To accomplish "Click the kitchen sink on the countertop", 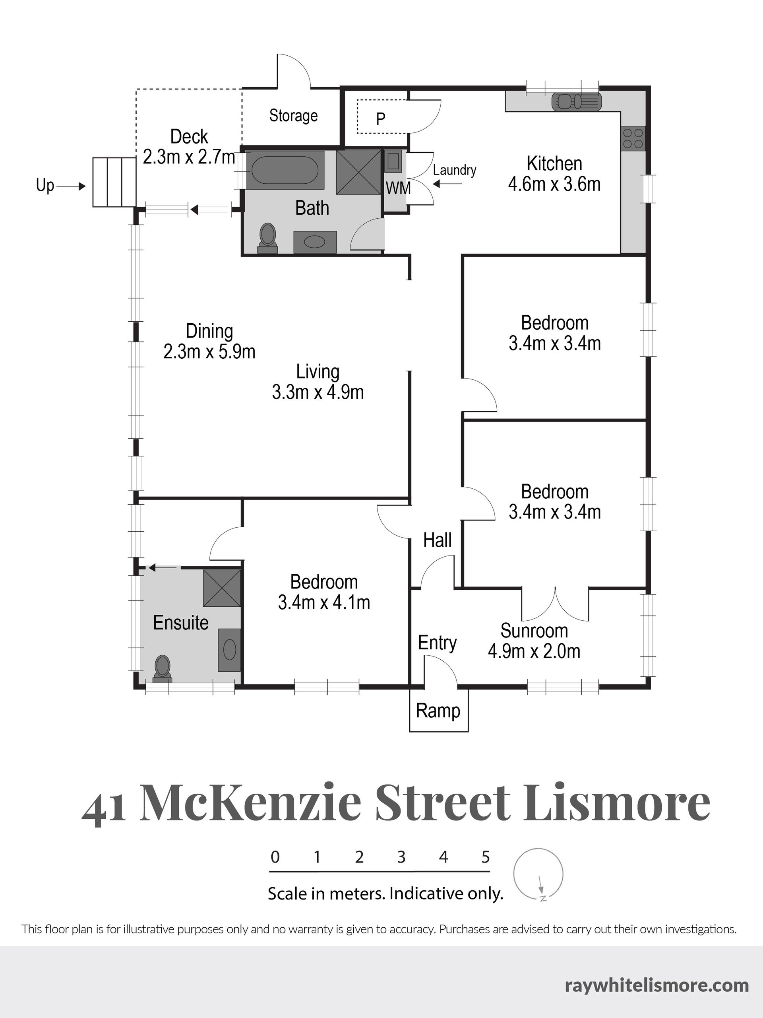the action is pos(576,101).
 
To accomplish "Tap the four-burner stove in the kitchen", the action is pos(632,138).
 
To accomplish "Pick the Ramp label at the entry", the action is pos(438,711).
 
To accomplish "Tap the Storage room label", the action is pos(293,115).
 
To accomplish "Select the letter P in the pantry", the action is pos(380,119).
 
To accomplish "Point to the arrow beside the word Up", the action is pos(72,187).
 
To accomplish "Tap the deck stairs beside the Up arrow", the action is pos(114,182).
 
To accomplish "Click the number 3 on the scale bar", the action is pos(401,857).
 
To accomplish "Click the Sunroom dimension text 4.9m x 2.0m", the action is pos(534,651).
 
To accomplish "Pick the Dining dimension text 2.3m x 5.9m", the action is pos(209,352).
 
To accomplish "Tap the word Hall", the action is pos(438,540).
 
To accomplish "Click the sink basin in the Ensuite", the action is pos(229,649).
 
